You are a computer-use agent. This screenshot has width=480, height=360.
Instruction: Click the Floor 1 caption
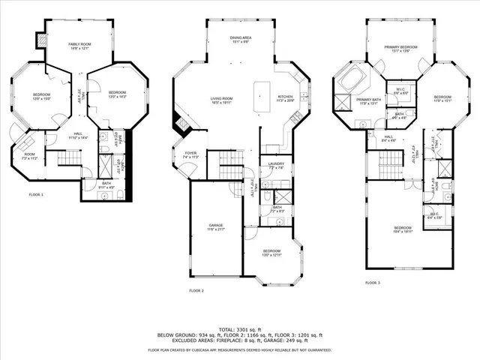tap(35, 195)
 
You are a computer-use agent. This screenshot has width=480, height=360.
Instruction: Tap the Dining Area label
tap(240, 40)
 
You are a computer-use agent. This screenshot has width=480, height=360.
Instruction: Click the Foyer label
tap(191, 154)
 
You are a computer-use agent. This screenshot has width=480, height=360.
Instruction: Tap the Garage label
tap(216, 226)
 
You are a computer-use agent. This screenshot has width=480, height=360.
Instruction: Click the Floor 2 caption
tap(196, 290)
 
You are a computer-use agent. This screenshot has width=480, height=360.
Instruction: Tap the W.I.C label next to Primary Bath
tap(400, 91)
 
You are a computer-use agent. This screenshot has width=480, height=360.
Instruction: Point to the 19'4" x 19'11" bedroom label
tap(403, 229)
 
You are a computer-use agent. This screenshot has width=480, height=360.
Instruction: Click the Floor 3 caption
tap(372, 283)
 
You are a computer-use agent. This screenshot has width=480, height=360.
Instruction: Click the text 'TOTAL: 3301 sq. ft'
tap(239, 328)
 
